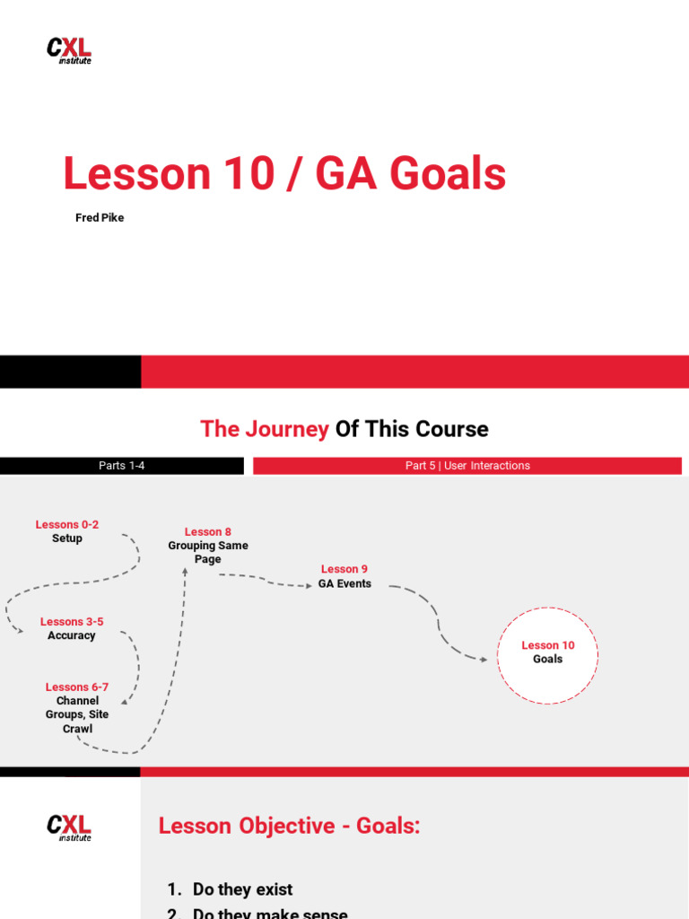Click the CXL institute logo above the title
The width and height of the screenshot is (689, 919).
[69, 50]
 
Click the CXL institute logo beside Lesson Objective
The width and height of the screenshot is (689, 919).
[69, 827]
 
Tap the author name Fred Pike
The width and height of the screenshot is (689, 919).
[100, 218]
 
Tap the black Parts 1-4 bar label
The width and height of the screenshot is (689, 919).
[122, 466]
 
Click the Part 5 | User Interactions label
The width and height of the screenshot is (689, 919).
[467, 466]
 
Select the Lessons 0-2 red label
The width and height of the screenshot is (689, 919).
[67, 525]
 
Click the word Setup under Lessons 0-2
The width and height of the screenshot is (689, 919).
[67, 538]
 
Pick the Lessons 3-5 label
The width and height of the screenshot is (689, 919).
[72, 622]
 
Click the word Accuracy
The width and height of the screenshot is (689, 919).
[72, 635]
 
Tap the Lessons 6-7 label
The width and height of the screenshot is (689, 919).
[77, 687]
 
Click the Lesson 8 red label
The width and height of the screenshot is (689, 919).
[208, 532]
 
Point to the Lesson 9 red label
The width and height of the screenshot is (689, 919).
[344, 569]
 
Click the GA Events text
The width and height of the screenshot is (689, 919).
[344, 583]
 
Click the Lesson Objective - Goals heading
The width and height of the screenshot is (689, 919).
[289, 827]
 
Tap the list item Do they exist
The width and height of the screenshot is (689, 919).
[242, 889]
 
